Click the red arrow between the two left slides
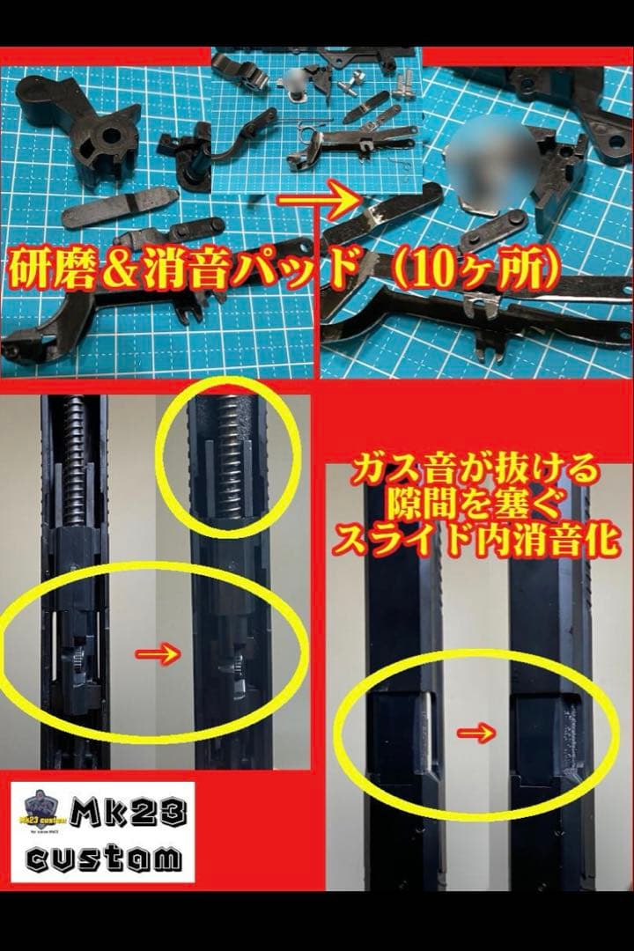(x=156, y=653)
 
